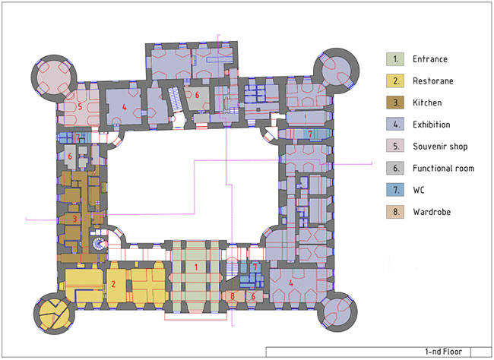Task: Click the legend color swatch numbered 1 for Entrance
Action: point(395,59)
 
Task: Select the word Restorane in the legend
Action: point(433,81)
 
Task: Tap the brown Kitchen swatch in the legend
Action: point(395,103)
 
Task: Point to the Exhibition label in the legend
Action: point(432,125)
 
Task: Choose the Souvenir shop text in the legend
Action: point(440,147)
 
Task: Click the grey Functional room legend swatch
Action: point(395,168)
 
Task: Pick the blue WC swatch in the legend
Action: point(395,190)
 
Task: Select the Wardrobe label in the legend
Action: point(432,212)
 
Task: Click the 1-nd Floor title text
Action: point(443,352)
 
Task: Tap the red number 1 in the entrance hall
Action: point(196,267)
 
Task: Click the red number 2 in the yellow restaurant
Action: point(113,284)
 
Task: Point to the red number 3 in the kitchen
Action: point(74,219)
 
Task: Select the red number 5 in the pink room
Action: point(80,107)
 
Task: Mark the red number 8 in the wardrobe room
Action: point(233,296)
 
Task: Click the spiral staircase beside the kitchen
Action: point(99,244)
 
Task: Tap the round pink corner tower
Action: point(54,77)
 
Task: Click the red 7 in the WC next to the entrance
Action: point(255,267)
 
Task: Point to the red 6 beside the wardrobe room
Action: point(253,296)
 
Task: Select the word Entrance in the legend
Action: point(430,59)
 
